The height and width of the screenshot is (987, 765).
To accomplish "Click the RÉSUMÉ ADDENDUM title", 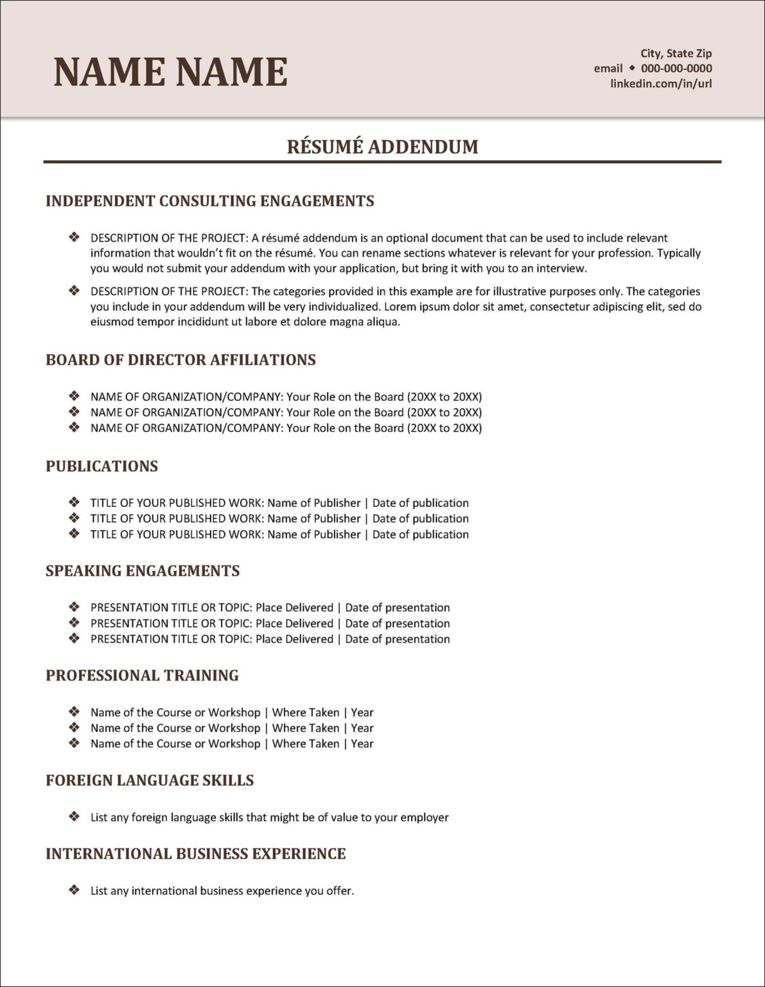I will coord(382,147).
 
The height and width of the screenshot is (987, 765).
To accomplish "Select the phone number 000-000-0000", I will coord(676,68).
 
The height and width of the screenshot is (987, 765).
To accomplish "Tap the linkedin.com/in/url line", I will coord(661,84).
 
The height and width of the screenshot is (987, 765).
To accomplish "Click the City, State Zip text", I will coord(676,53).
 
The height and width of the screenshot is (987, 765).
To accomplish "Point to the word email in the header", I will coord(608,68).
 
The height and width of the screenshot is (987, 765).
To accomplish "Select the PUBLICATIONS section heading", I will coord(101,466).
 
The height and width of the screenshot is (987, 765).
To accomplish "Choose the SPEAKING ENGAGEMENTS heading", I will coord(143,571).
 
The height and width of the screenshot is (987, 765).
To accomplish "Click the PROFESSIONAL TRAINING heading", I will coord(142,675).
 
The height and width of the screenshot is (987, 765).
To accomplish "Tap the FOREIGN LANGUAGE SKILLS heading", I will coord(150,780).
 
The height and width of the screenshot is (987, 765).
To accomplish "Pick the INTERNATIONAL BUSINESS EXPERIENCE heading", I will coord(195,853).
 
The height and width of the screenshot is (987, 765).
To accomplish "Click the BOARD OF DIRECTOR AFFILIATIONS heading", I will coord(180,359).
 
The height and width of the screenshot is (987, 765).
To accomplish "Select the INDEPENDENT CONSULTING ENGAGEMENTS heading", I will coord(209,200).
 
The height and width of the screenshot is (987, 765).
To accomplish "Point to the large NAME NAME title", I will coord(170,71).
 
